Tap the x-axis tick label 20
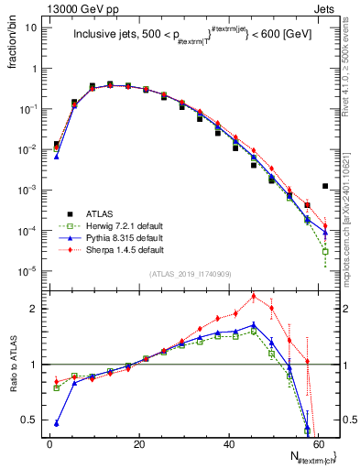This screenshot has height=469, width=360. click(139, 443)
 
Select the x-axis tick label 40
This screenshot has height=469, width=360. click(229, 443)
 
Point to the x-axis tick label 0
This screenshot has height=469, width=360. click(49, 443)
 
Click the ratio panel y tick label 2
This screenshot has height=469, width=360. click(35, 309)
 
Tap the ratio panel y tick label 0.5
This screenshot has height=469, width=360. click(30, 420)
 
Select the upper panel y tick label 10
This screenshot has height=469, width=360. click(32, 27)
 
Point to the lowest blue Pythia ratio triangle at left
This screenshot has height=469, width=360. click(57, 423)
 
